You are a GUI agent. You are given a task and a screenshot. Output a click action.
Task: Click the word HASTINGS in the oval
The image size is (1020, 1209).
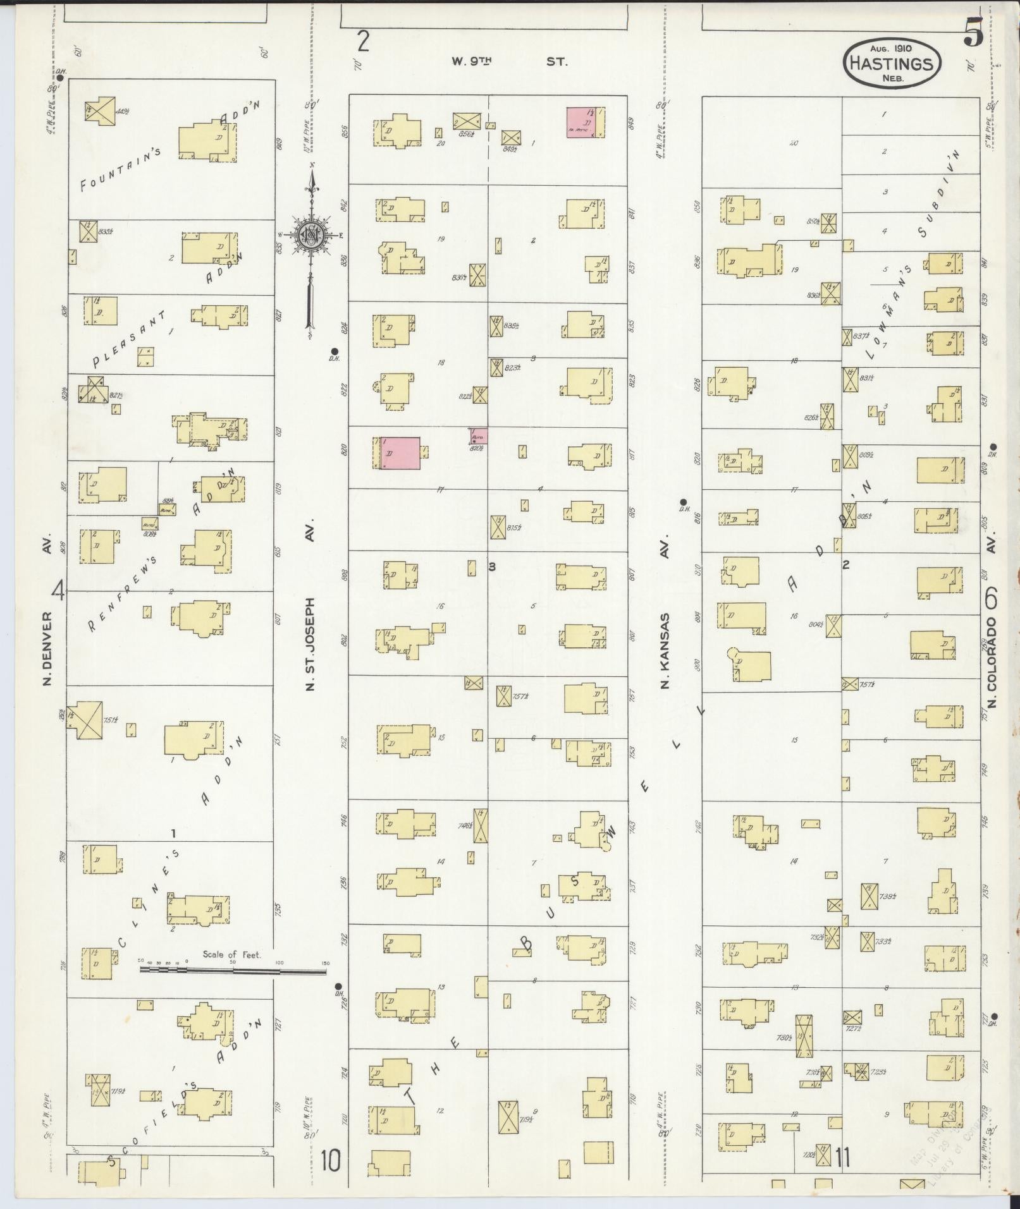pyautogui.click(x=892, y=63)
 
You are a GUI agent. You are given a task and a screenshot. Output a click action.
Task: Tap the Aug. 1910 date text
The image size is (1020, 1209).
pyautogui.click(x=892, y=47)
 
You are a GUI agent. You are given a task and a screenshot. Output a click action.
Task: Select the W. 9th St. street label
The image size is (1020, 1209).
pyautogui.click(x=509, y=62)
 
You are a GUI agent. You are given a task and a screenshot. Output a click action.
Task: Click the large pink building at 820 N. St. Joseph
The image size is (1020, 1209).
pyautogui.click(x=399, y=453)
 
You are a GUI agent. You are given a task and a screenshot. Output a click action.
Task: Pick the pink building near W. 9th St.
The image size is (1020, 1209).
pyautogui.click(x=585, y=123)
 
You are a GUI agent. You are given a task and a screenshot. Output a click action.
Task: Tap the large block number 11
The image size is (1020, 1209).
pyautogui.click(x=841, y=1158)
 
